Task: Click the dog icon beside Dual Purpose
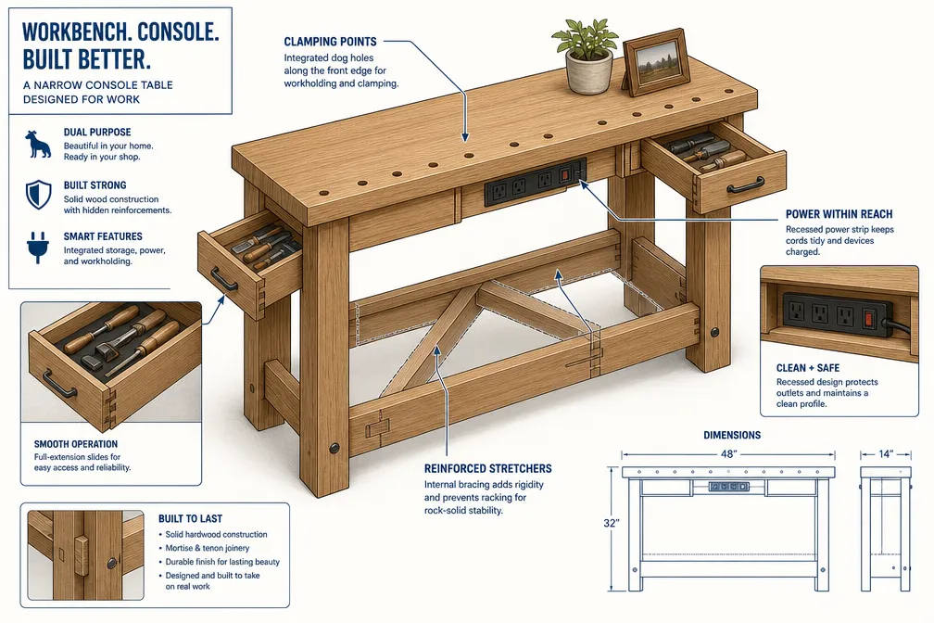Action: (38, 145)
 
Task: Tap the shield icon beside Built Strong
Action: (38, 195)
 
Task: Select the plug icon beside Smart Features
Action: (38, 247)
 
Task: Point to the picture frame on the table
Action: (656, 61)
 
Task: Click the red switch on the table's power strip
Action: (565, 174)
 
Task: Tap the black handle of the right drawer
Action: (746, 185)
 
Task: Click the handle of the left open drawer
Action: (223, 279)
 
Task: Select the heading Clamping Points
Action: (330, 42)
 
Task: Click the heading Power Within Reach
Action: (839, 214)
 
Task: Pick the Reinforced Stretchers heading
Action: (487, 468)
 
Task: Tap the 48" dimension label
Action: (728, 454)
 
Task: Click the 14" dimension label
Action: (886, 454)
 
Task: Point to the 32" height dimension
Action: (612, 523)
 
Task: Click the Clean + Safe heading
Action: (808, 368)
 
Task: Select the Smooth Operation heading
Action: (76, 444)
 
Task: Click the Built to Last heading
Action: (190, 518)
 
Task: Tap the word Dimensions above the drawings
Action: (732, 435)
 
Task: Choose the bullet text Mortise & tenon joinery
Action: (208, 548)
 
